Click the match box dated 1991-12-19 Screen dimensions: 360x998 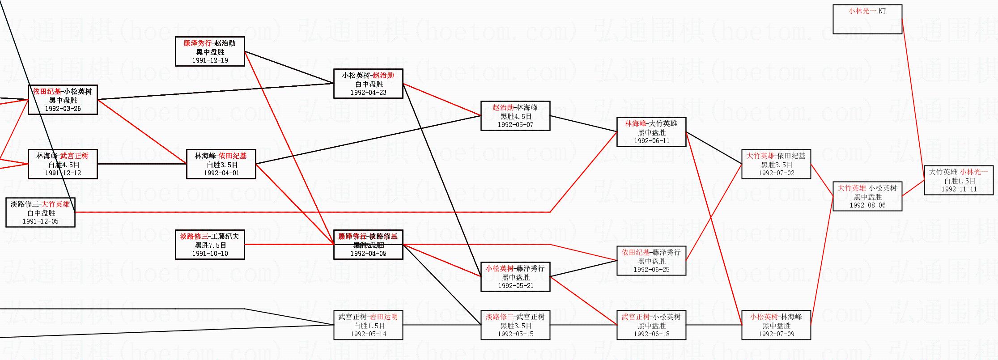pos(210,51)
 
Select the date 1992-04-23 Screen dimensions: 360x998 pos(368,93)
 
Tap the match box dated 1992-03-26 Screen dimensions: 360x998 pos(63,100)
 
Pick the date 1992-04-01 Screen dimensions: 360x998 pos(221,173)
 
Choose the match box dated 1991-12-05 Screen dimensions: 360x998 pos(40,212)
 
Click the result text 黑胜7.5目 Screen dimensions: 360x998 pos(210,245)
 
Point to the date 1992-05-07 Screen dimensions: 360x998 pos(515,125)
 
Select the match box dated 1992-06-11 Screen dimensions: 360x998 pos(651,132)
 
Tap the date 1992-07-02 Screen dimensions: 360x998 pos(776,173)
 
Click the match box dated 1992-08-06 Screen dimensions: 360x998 pos(867,196)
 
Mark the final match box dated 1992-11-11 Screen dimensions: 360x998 pos(959,180)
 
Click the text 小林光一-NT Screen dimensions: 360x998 pos(867,11)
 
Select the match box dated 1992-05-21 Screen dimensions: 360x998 pos(515,277)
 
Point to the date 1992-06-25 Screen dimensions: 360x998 pos(651,270)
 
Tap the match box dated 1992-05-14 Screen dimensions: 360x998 pos(368,325)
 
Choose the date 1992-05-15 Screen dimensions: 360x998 pos(515,334)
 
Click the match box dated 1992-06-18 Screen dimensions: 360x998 pos(651,325)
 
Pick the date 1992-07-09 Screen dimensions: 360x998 pos(776,334)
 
